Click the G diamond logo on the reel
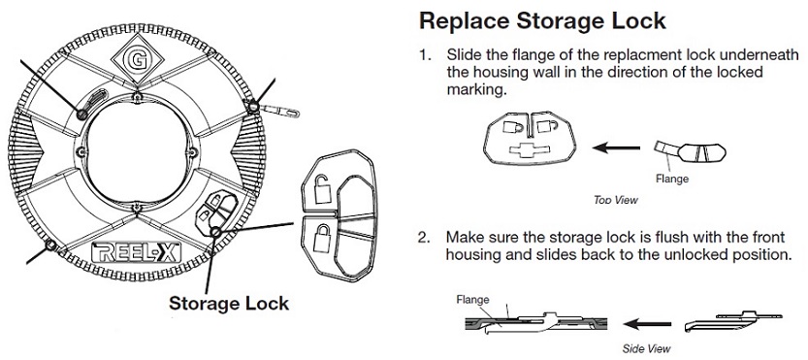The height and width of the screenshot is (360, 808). click(138, 60)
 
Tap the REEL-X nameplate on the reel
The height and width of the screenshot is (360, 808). click(136, 252)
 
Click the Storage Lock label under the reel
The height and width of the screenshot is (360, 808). click(229, 304)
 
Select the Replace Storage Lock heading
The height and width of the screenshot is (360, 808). click(542, 21)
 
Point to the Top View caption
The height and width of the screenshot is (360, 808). click(616, 200)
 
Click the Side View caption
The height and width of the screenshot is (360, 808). click(647, 348)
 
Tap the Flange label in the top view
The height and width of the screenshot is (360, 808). click(672, 179)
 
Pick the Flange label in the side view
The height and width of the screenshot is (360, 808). click(472, 300)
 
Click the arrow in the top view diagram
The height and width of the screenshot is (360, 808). click(616, 148)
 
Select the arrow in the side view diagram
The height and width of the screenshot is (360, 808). click(647, 324)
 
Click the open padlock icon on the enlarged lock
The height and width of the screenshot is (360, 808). click(321, 188)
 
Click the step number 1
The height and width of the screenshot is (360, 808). click(425, 55)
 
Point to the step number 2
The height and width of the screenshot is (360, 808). click(424, 238)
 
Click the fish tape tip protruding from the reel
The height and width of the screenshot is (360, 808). click(279, 110)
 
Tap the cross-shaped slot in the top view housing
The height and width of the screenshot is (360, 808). click(531, 149)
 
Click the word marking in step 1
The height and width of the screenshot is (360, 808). click(473, 90)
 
